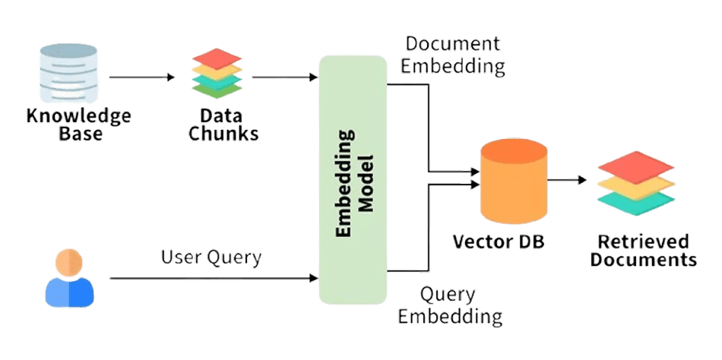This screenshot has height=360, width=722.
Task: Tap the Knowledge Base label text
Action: click(78, 125)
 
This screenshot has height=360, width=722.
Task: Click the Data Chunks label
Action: click(223, 125)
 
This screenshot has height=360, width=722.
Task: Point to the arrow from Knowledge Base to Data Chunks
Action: click(141, 77)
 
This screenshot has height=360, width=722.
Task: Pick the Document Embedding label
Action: click(454, 55)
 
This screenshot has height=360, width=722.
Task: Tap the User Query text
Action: click(211, 257)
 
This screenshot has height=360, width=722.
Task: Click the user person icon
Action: click(69, 279)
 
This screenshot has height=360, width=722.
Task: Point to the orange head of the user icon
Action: click(69, 262)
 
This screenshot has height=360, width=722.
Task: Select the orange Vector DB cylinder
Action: click(514, 182)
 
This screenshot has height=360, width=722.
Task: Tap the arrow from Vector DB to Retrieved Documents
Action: click(568, 180)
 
